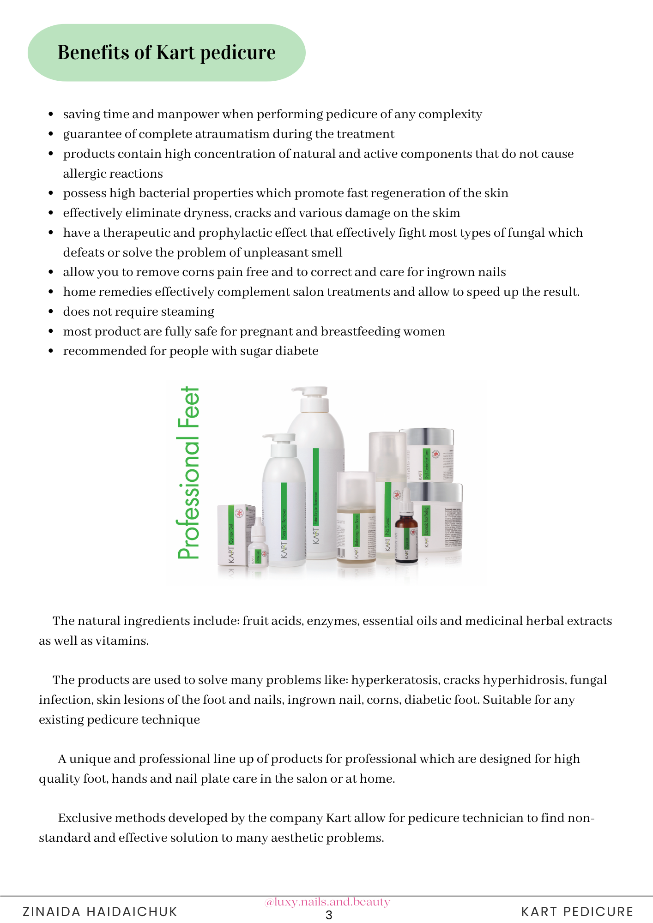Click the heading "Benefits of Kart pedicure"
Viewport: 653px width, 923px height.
(166, 53)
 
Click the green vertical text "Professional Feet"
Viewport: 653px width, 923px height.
(189, 473)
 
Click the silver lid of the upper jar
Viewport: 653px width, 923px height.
(427, 436)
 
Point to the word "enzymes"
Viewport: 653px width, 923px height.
(333, 621)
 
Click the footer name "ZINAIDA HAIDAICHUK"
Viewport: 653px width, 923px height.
(100, 911)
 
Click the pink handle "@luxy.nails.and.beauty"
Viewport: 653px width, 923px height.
(327, 902)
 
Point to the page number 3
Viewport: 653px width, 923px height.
(329, 915)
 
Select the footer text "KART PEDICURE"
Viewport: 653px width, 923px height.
(577, 911)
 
